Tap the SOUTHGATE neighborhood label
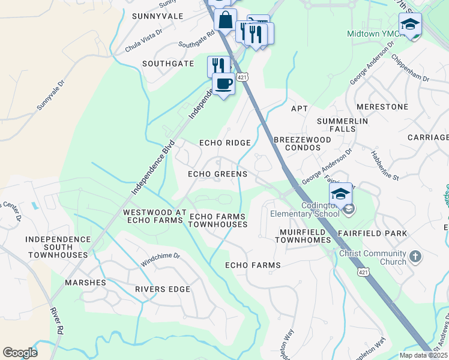[x=167, y=63]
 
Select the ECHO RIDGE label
[x=224, y=143]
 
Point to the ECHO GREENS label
[x=217, y=174]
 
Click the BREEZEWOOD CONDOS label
[x=302, y=144]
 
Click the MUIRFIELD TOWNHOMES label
[x=303, y=236]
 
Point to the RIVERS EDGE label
[x=162, y=289]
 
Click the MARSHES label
[x=86, y=282]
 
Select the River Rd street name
[x=57, y=321]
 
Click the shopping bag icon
[x=225, y=20]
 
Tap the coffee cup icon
[x=223, y=83]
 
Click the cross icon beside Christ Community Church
[x=415, y=257]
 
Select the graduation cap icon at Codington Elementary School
[x=340, y=194]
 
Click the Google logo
[x=20, y=353]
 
